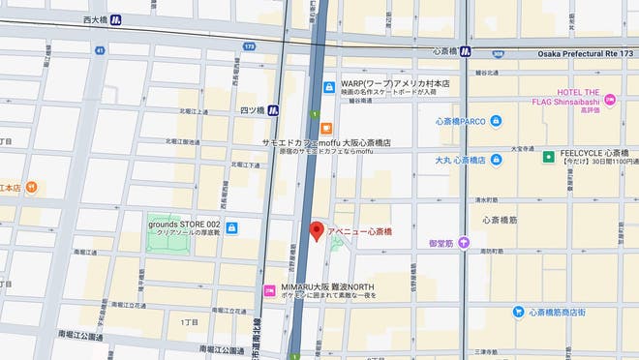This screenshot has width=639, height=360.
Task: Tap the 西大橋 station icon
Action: tap(116, 18)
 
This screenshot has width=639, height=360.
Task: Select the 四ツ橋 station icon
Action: tap(273, 109)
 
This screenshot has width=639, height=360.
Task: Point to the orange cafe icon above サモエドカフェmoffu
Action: tap(326, 128)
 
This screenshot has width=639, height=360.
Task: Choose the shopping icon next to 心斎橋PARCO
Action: tap(496, 122)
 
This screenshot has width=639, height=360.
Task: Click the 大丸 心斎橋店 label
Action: tap(459, 160)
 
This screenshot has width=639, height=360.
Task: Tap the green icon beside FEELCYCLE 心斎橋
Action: tap(549, 155)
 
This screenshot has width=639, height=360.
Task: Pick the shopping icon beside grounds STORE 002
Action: tap(232, 227)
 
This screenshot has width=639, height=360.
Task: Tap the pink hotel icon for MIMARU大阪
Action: tap(270, 290)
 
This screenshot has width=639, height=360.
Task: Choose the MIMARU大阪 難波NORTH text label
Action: tap(321, 287)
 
